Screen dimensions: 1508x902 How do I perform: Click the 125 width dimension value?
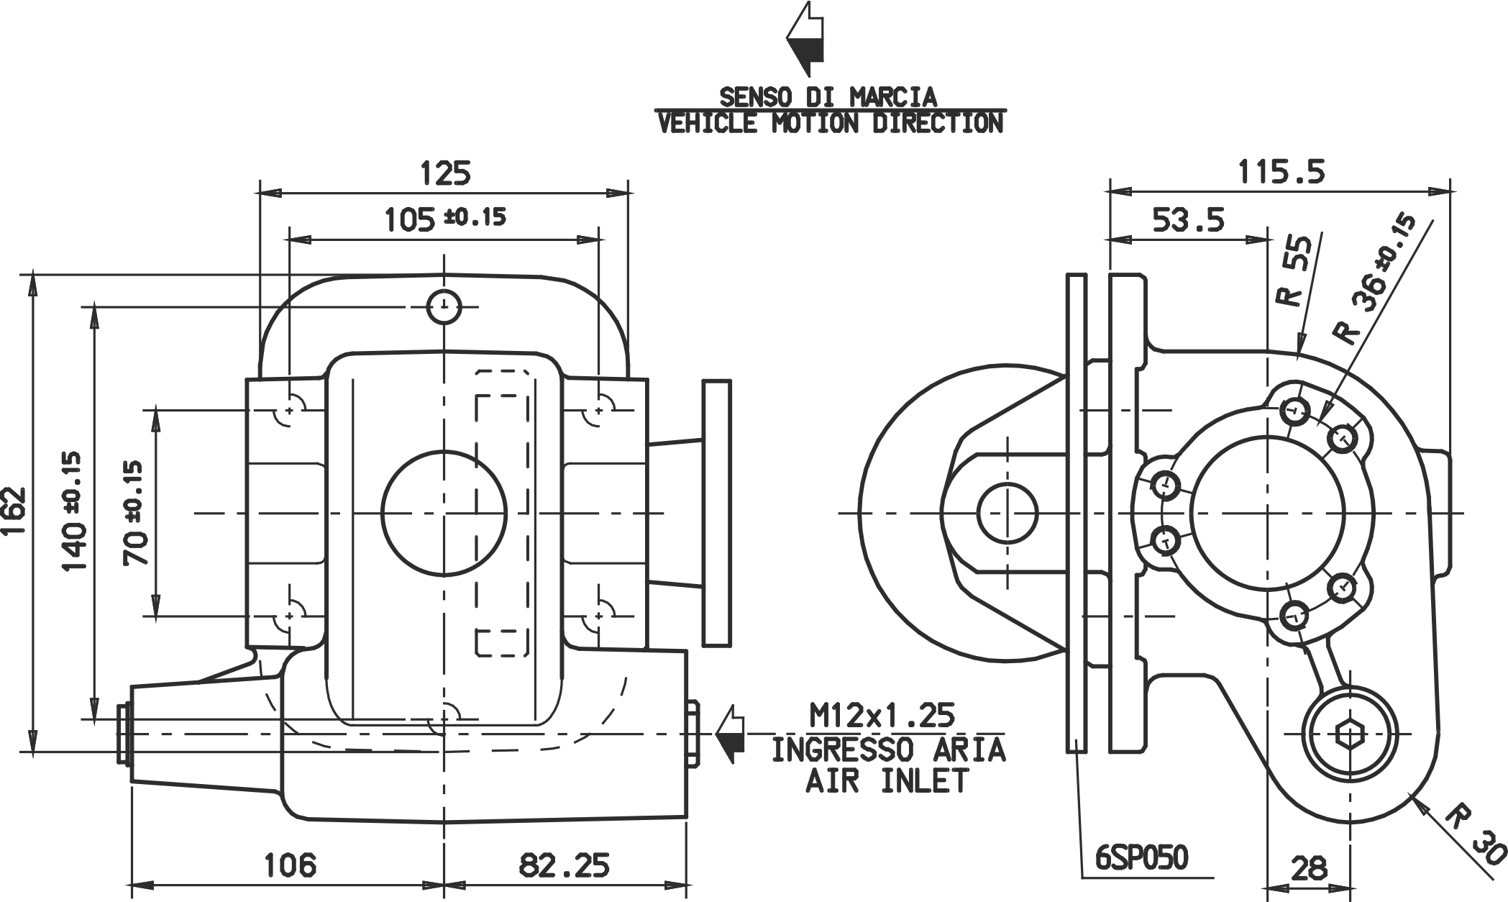445,173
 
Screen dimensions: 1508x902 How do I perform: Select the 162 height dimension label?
14,512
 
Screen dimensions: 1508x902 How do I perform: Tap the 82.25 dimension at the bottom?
565,865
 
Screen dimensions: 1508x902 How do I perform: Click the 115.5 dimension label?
1281,173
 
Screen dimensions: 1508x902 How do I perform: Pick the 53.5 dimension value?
1189,220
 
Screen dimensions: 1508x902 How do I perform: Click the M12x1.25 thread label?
882,716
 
